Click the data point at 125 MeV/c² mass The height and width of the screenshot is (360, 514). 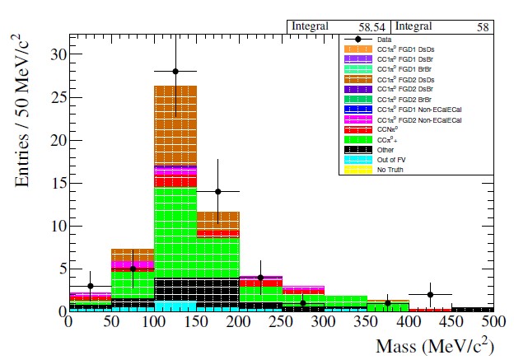175,72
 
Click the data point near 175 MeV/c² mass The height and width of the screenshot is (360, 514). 217,191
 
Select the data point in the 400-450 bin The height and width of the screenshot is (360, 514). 430,294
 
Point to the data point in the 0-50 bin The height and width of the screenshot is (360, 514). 91,286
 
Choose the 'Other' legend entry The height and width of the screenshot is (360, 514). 385,151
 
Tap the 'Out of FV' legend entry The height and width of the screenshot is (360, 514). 390,160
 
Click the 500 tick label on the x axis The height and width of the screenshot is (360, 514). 493,325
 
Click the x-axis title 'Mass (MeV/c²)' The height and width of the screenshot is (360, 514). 436,347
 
